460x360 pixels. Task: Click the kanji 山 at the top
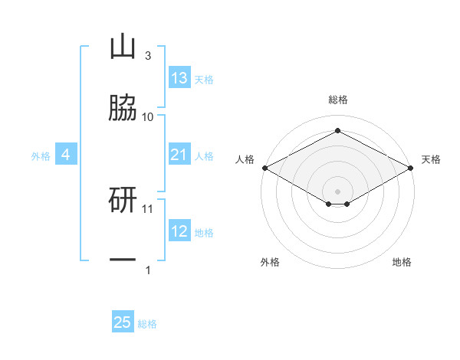123,47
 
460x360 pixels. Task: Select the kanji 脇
123,107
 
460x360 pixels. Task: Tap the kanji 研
123,200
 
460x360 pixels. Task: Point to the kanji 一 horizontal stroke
123,260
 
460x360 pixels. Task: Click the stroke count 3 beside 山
148,56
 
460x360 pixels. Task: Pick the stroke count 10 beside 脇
147,117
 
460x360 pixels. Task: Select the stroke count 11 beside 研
147,209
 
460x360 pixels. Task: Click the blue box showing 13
179,77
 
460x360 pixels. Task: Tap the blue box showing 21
179,154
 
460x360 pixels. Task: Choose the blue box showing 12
179,230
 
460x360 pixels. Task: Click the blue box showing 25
123,321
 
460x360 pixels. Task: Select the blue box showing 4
66,154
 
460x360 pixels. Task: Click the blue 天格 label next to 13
204,80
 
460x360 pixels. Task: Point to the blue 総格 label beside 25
147,324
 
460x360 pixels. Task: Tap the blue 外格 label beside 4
41,156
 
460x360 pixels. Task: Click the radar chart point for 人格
265,168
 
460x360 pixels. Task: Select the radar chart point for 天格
411,168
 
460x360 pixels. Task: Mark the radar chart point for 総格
337,130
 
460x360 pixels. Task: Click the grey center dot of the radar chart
337,191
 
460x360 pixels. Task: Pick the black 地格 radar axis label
402,262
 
